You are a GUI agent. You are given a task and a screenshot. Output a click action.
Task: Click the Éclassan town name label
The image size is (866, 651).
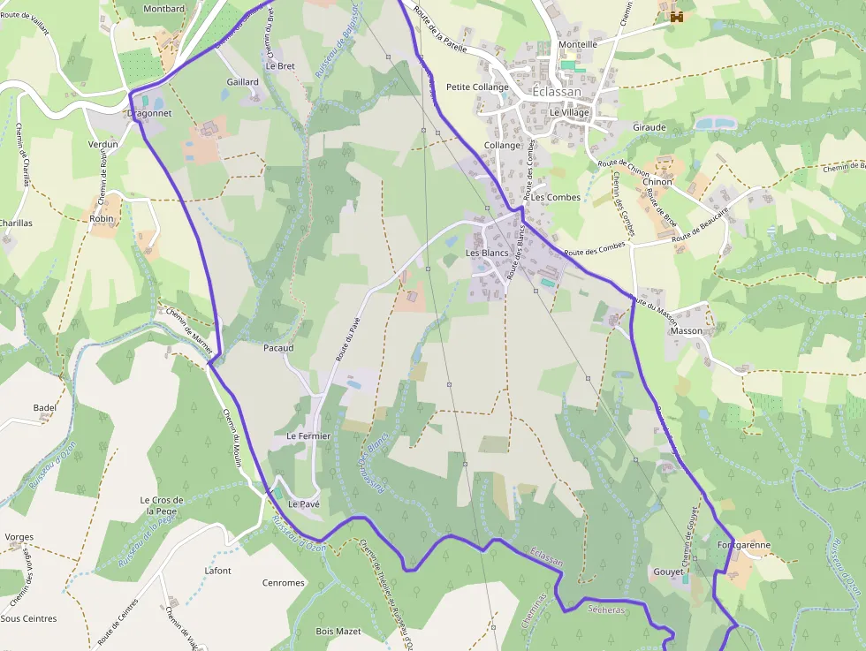[557, 92]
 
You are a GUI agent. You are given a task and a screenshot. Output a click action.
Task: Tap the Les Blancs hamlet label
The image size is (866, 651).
[487, 254]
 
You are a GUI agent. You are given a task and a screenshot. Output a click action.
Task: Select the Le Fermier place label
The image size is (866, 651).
[308, 436]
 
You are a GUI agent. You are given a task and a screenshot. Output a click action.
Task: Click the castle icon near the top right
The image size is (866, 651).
[677, 16]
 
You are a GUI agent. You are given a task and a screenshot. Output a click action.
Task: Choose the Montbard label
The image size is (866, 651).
[163, 9]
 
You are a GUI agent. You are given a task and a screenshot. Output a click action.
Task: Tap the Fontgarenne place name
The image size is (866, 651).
[744, 545]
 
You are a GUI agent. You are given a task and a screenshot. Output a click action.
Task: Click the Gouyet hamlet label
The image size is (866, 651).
[668, 572]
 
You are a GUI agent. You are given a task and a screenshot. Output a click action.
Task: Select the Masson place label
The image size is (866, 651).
[687, 331]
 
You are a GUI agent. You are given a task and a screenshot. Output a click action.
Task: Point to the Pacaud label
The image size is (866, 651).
[278, 348]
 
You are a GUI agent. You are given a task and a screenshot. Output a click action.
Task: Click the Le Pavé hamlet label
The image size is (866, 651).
[303, 504]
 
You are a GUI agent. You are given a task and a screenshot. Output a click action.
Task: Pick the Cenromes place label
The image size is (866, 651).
[283, 583]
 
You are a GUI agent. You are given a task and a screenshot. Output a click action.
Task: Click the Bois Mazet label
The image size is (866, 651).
[338, 632]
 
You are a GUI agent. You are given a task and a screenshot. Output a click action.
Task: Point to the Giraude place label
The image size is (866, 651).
[649, 127]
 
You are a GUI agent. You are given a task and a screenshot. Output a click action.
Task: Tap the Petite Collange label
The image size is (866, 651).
[477, 87]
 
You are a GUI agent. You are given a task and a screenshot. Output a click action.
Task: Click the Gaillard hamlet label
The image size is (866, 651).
[242, 82]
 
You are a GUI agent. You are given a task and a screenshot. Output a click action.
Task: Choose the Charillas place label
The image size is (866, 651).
[16, 223]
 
